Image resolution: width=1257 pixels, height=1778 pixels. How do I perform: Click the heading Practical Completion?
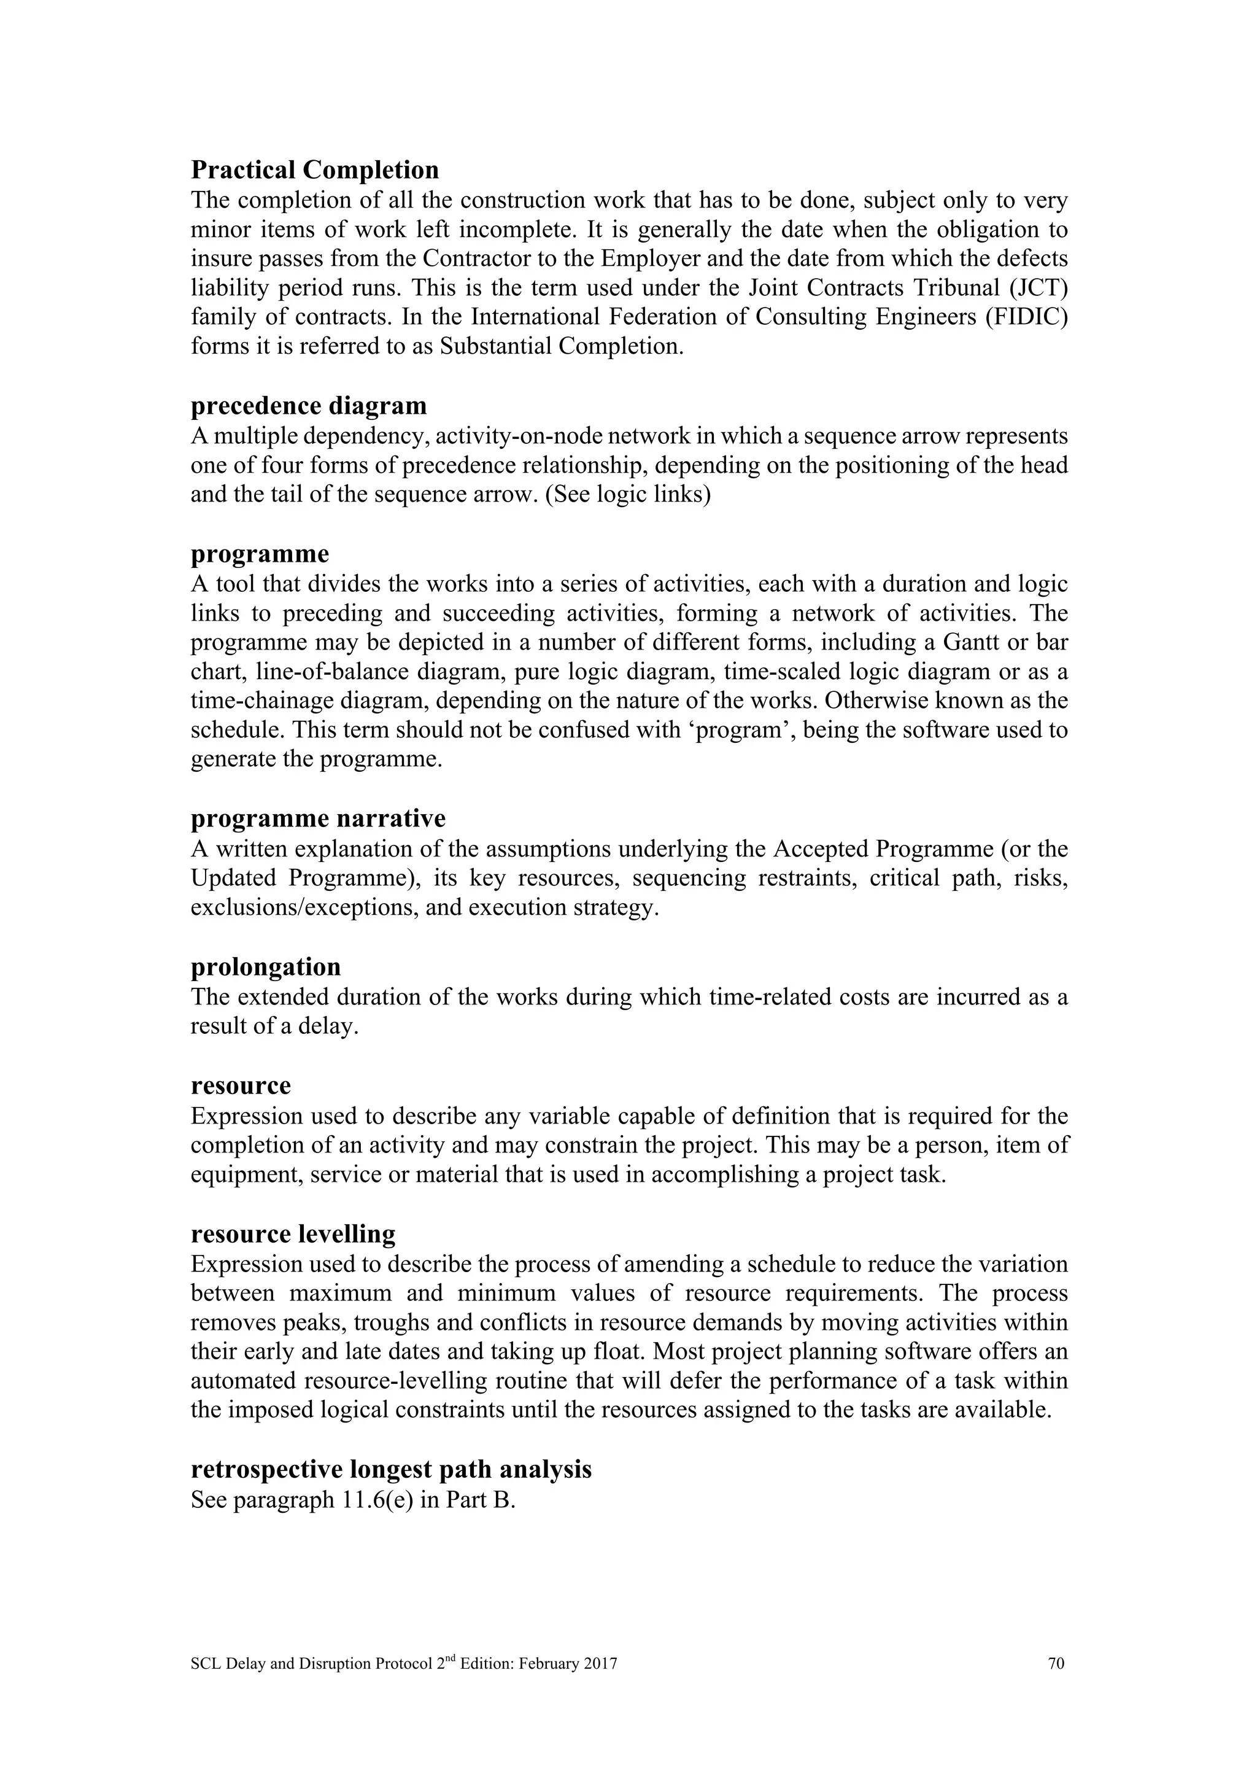pyautogui.click(x=314, y=169)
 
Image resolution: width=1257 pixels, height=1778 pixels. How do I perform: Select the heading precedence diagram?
pyautogui.click(x=308, y=406)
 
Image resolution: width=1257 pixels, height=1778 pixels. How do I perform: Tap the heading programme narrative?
pyautogui.click(x=317, y=818)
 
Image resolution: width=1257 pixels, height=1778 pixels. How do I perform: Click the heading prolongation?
pyautogui.click(x=266, y=967)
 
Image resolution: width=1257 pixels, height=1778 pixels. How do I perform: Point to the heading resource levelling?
pyautogui.click(x=293, y=1233)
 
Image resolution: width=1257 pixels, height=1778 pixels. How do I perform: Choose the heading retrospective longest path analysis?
pyautogui.click(x=391, y=1469)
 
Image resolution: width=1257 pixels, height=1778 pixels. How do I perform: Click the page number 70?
pyautogui.click(x=1056, y=1663)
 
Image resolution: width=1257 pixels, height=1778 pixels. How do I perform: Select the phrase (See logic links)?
pyautogui.click(x=628, y=495)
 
